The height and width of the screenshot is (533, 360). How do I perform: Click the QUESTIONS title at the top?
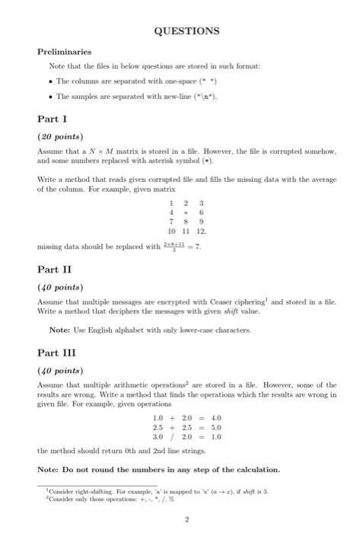coord(186,31)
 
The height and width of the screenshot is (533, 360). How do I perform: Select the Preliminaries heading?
coord(64,52)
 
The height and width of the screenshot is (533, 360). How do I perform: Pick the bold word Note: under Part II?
coord(59,329)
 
